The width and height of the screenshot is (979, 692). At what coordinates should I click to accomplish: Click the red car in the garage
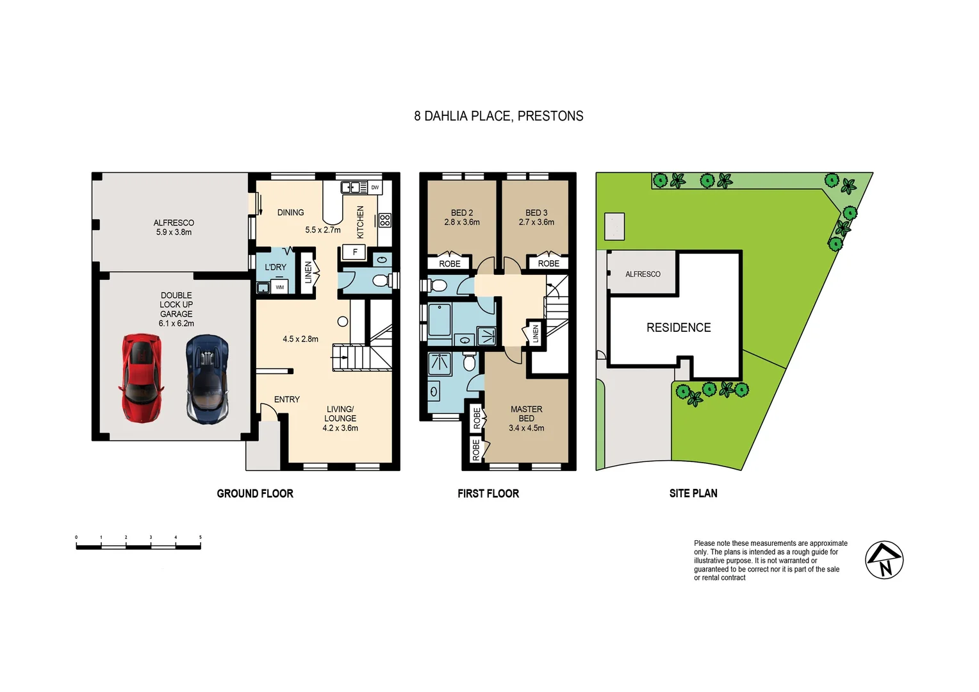pyautogui.click(x=141, y=378)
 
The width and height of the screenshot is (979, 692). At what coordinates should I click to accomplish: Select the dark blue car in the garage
pyautogui.click(x=207, y=379)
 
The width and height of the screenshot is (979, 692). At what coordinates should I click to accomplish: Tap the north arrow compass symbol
pyautogui.click(x=884, y=560)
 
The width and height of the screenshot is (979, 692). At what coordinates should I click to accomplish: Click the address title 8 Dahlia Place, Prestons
pyautogui.click(x=498, y=116)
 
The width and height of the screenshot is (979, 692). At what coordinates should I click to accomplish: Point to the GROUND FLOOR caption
pyautogui.click(x=255, y=493)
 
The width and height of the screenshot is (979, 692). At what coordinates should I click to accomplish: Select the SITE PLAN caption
pyautogui.click(x=693, y=493)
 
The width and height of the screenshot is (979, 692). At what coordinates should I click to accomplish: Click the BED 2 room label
pyautogui.click(x=462, y=213)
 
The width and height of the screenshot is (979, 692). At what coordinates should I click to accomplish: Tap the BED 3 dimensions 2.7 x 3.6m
pyautogui.click(x=536, y=222)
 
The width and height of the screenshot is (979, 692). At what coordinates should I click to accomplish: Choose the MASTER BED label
pyautogui.click(x=527, y=414)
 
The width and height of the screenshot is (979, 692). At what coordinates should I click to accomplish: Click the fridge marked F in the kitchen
pyautogui.click(x=354, y=252)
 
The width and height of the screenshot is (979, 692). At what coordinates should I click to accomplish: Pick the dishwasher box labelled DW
pyautogui.click(x=375, y=188)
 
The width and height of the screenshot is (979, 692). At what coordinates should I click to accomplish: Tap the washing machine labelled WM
pyautogui.click(x=280, y=288)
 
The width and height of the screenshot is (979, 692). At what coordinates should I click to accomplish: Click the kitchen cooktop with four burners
pyautogui.click(x=384, y=220)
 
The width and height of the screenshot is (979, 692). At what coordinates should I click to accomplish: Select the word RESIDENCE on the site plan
pyautogui.click(x=679, y=327)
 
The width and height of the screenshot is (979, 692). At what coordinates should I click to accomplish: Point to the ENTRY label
pyautogui.click(x=286, y=399)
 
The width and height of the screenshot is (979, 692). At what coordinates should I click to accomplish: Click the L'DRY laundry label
pyautogui.click(x=276, y=267)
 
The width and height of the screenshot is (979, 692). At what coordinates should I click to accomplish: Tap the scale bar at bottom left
pyautogui.click(x=138, y=547)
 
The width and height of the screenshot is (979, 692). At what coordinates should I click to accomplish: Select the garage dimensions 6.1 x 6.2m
pyautogui.click(x=176, y=324)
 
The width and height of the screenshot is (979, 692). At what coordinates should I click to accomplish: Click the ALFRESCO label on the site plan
pyautogui.click(x=643, y=274)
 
